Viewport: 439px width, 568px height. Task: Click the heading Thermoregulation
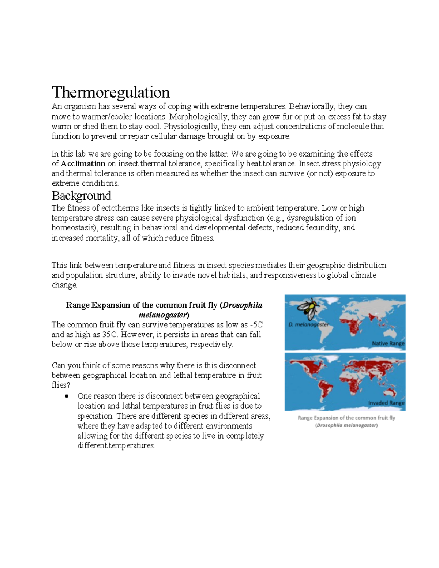[x=110, y=92]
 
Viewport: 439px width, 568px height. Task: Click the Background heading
[x=81, y=196]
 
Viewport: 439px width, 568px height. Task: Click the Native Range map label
[x=388, y=343]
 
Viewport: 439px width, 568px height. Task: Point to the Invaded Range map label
[x=386, y=403]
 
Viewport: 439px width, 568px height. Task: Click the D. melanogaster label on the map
[x=308, y=324]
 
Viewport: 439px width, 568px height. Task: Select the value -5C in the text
[x=256, y=325]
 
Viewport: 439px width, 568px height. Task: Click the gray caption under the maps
[x=346, y=421]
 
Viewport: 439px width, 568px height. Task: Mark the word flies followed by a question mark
[x=59, y=385]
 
